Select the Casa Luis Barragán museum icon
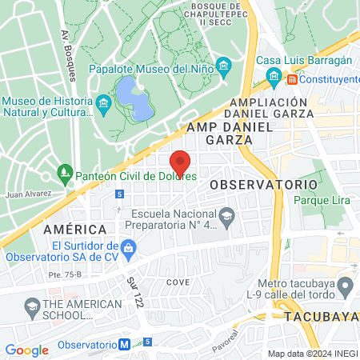274,78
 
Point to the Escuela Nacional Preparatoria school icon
227,214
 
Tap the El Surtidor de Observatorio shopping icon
130,250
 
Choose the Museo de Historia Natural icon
102,104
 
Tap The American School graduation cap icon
32,306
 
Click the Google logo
26,350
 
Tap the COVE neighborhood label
178,283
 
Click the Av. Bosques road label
68,56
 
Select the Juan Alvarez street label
28,193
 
